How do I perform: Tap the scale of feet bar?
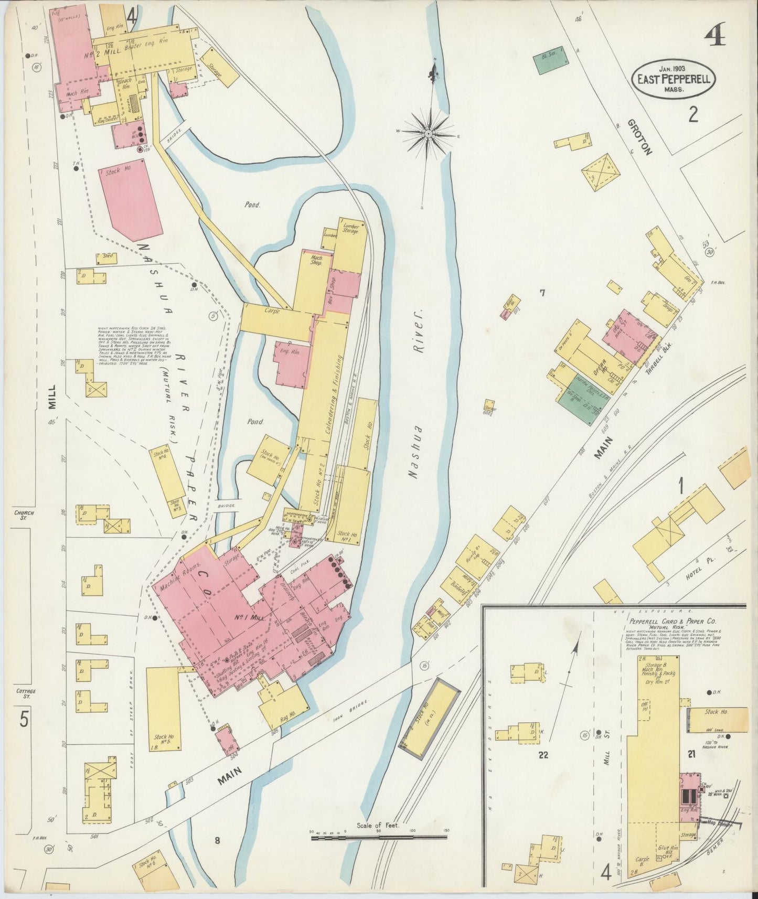click(378, 838)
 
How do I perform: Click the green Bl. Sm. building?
click(549, 61)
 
